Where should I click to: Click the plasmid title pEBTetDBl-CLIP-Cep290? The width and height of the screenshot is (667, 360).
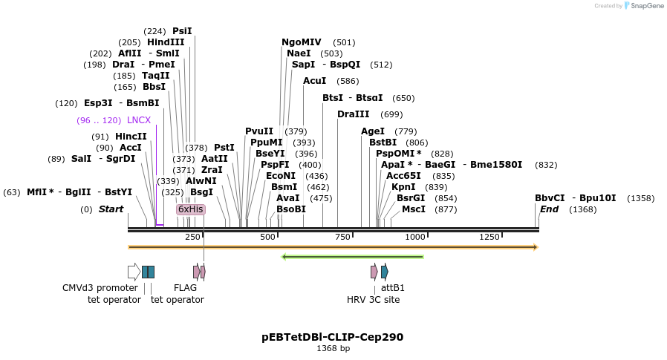point(333,336)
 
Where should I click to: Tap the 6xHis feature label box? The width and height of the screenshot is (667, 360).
point(190,209)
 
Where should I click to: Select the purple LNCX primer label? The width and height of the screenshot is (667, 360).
point(139,120)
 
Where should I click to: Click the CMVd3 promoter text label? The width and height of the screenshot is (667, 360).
point(100,287)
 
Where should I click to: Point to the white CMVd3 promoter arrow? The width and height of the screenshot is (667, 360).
point(134,272)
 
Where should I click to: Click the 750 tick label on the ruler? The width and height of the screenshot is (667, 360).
point(342,237)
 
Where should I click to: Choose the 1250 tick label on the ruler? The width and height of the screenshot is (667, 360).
point(489,237)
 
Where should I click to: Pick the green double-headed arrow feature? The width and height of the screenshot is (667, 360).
point(353,257)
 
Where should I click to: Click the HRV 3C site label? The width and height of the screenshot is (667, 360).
point(373,299)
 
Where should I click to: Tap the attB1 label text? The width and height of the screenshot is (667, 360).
point(393,287)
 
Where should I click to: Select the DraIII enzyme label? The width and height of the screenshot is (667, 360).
point(354,114)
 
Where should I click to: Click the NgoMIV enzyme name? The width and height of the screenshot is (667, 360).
point(302,42)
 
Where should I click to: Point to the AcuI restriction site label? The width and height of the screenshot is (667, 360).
point(315,80)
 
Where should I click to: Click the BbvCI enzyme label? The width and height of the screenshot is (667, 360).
point(550,198)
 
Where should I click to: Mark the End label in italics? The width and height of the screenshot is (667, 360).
point(550,209)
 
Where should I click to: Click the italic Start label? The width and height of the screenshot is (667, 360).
point(111,209)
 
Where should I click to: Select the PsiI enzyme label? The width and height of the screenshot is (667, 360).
point(182,30)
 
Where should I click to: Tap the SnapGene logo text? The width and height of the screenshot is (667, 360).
point(645,6)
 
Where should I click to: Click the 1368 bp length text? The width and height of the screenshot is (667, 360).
point(333,348)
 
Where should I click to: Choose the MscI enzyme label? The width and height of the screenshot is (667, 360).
point(414,209)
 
